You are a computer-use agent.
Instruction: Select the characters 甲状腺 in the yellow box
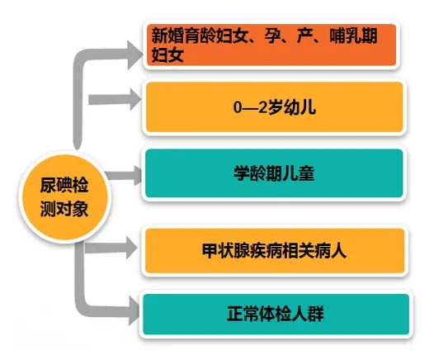[x=225, y=250]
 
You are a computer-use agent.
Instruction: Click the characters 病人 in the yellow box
[x=332, y=250]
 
